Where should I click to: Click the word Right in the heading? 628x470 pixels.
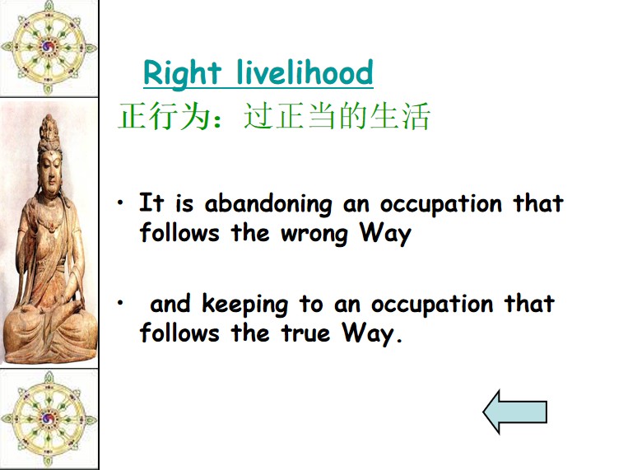pyautogui.click(x=182, y=73)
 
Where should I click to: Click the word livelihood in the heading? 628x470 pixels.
pyautogui.click(x=305, y=72)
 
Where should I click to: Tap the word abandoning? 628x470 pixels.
pyautogui.click(x=268, y=204)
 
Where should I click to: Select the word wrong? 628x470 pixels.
pyautogui.click(x=314, y=234)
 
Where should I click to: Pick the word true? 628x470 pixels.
pyautogui.click(x=305, y=333)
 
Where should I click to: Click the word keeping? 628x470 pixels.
pyautogui.click(x=244, y=305)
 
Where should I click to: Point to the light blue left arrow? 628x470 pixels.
pyautogui.click(x=515, y=412)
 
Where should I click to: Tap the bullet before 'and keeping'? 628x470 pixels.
pyautogui.click(x=120, y=303)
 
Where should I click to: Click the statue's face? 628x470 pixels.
pyautogui.click(x=51, y=173)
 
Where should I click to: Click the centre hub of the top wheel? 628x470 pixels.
pyautogui.click(x=49, y=47)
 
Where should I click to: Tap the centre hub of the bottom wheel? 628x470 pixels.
pyautogui.click(x=49, y=419)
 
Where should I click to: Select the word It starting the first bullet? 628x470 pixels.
pyautogui.click(x=151, y=202)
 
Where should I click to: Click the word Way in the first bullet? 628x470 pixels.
pyautogui.click(x=385, y=233)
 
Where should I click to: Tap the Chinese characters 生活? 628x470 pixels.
pyautogui.click(x=400, y=117)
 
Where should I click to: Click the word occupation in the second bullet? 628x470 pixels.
pyautogui.click(x=432, y=305)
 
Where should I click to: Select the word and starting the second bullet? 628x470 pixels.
pyautogui.click(x=170, y=303)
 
